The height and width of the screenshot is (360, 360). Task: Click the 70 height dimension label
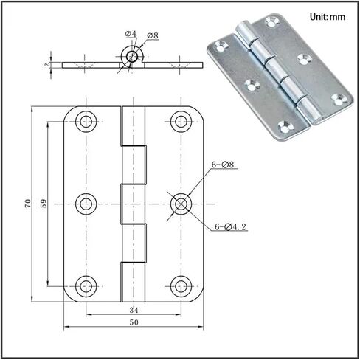28,203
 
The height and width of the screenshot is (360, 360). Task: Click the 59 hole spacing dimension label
44,203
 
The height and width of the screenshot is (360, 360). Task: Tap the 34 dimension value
134,310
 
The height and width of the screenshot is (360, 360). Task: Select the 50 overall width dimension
134,322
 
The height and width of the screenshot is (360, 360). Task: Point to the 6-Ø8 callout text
223,165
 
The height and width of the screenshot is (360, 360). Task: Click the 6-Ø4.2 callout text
230,226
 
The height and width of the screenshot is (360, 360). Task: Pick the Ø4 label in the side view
131,34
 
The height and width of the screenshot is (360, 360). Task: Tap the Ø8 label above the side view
153,35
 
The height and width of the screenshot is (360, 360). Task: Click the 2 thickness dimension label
47,65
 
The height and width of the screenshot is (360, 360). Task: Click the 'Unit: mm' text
328,17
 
